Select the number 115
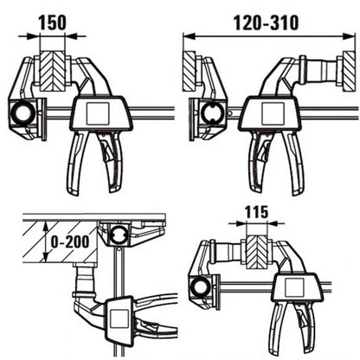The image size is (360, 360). pyautogui.click(x=257, y=211)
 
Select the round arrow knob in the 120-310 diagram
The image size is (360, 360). pyautogui.click(x=210, y=112)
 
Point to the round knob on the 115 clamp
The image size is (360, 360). pyautogui.click(x=202, y=286)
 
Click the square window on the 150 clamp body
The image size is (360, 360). pyautogui.click(x=96, y=112)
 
